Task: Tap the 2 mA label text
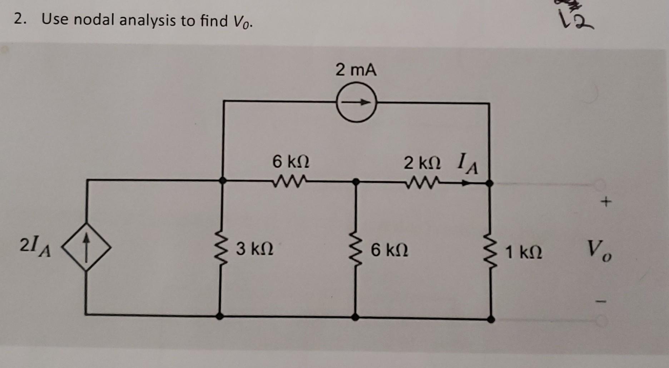pos(356,70)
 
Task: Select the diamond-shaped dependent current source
pos(86,247)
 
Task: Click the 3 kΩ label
pos(254,249)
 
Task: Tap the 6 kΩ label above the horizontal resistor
pos(291,162)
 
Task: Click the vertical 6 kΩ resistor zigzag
pos(356,250)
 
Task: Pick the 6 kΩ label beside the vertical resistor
pos(389,250)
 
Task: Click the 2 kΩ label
pos(422,163)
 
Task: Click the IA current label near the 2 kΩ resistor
pos(467,164)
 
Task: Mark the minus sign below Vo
pos(601,302)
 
